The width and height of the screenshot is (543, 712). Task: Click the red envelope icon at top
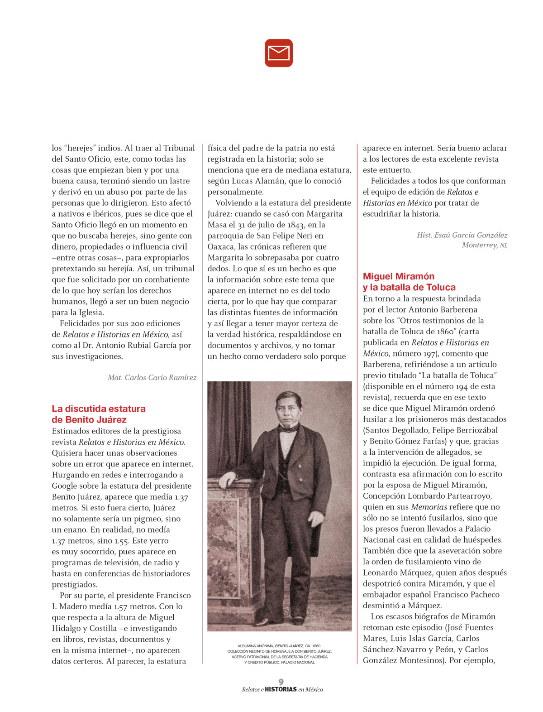pyautogui.click(x=279, y=53)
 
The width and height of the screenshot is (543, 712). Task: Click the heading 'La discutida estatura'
pyautogui.click(x=99, y=409)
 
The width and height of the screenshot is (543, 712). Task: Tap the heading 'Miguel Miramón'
pyautogui.click(x=398, y=276)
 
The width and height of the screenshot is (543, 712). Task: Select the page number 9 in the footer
pyautogui.click(x=281, y=682)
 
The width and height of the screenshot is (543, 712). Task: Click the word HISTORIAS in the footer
pyautogui.click(x=281, y=689)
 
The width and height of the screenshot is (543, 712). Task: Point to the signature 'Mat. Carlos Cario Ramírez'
pyautogui.click(x=152, y=377)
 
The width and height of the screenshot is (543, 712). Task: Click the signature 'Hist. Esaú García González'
pyautogui.click(x=462, y=235)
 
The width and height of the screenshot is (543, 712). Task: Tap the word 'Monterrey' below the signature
pyautogui.click(x=479, y=245)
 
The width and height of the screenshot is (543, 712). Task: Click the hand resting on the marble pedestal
pyautogui.click(x=228, y=478)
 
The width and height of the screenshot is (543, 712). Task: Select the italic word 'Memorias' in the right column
pyautogui.click(x=429, y=507)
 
